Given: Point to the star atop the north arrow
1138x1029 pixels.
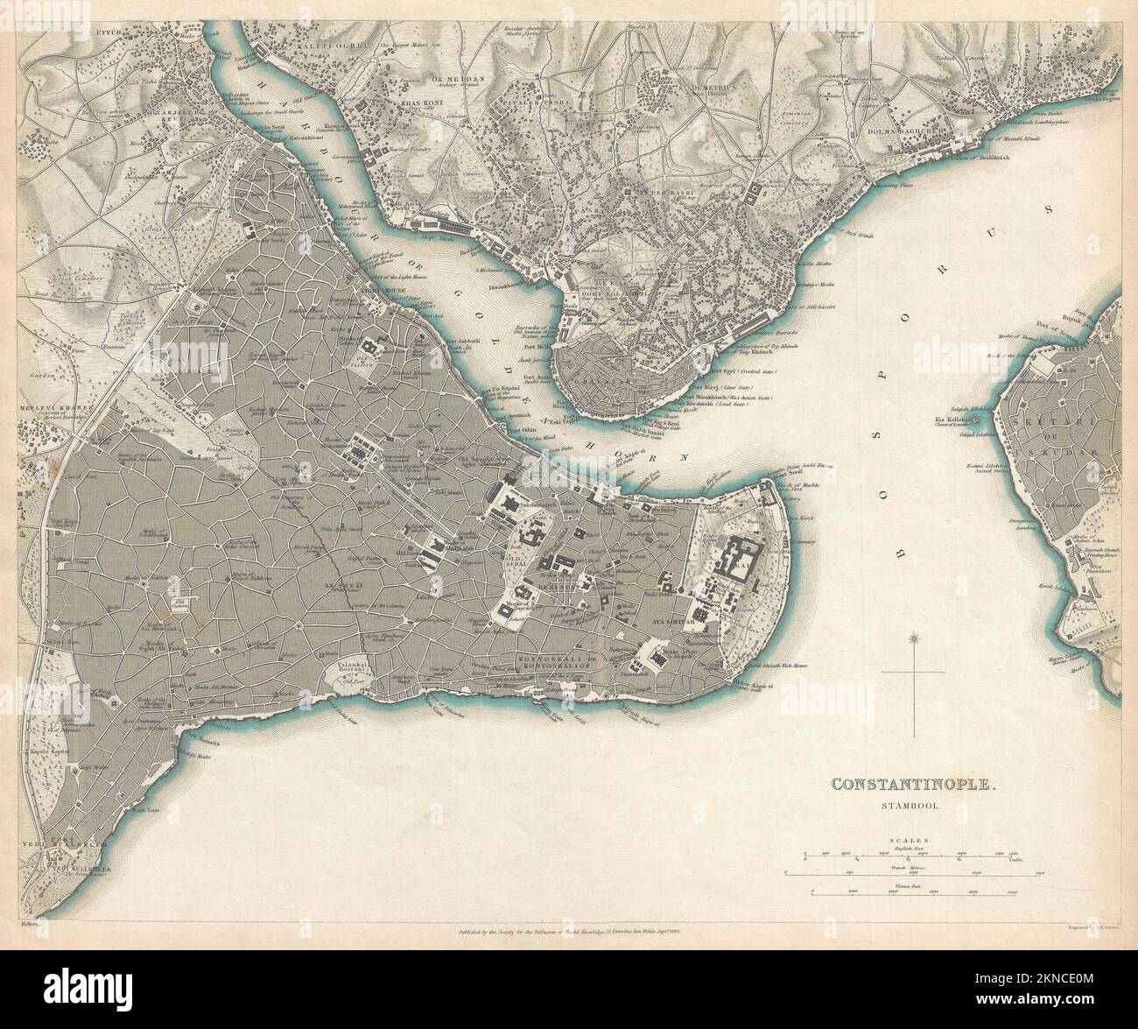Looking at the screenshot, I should (914, 637).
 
